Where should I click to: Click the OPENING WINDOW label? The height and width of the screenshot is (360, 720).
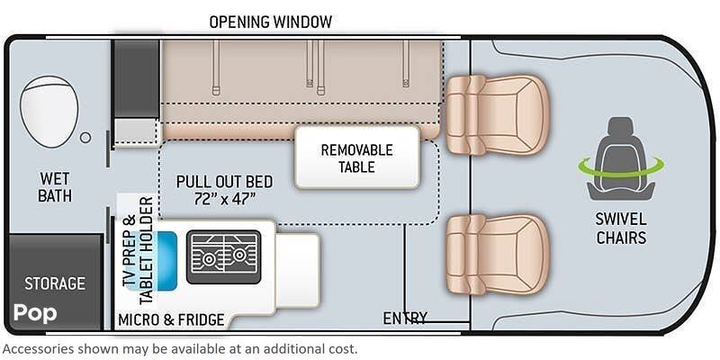point(271,22)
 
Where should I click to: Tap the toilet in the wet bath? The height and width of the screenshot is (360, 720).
point(49,112)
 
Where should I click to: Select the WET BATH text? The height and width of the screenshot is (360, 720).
point(55,187)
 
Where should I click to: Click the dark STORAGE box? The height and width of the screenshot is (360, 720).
point(55,283)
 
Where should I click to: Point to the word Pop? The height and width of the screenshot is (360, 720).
point(35,313)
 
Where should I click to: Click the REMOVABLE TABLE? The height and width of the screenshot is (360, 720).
point(357,157)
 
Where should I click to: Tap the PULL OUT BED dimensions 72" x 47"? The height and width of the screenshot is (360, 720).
point(224,200)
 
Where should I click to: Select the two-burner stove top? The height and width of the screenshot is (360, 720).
point(223,256)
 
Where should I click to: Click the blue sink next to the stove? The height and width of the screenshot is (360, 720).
point(166,261)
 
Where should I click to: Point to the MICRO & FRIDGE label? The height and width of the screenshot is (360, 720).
point(171,319)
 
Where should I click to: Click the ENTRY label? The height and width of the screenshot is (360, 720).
point(405,318)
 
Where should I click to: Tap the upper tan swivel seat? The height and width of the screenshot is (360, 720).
point(498,115)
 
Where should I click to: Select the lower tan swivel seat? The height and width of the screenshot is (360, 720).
point(498,254)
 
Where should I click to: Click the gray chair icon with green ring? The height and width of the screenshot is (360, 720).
point(621,159)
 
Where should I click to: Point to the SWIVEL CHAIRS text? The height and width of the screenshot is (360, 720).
point(621,228)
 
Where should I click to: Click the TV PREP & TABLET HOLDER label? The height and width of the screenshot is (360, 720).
point(139,250)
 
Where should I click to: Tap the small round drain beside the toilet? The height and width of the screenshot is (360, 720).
point(85,137)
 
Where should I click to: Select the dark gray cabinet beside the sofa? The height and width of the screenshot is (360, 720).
point(137,78)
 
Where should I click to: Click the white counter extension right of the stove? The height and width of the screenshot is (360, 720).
point(297,270)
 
